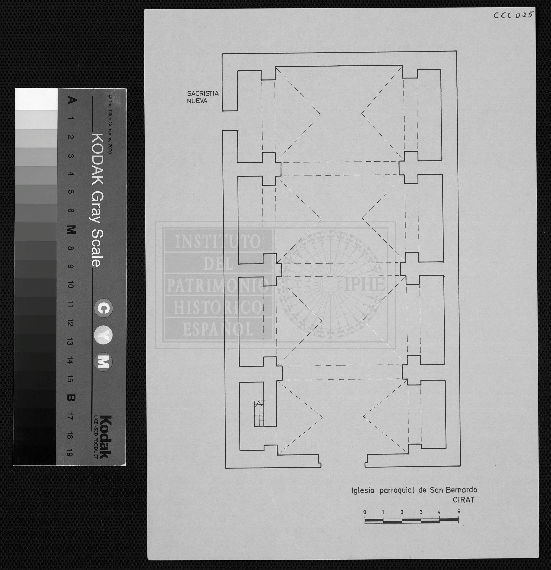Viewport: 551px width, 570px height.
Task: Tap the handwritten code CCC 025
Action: [x=513, y=15]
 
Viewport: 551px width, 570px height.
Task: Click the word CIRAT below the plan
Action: [x=463, y=500]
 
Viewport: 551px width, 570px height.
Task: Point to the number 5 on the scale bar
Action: [x=459, y=511]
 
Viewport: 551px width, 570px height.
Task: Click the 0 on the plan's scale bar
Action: [x=365, y=512]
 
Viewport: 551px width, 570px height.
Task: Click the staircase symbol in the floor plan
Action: [x=259, y=413]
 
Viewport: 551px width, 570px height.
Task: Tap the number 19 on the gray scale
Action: [x=70, y=453]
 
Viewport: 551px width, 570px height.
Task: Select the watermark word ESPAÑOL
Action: [x=218, y=329]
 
